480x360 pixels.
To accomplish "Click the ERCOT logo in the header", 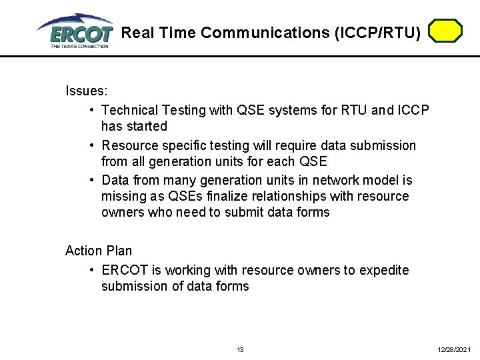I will point(75,31).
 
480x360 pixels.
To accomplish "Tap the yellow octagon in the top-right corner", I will point(445,31).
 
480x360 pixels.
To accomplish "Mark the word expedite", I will point(384,270).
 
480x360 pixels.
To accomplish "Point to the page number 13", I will point(241,349).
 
